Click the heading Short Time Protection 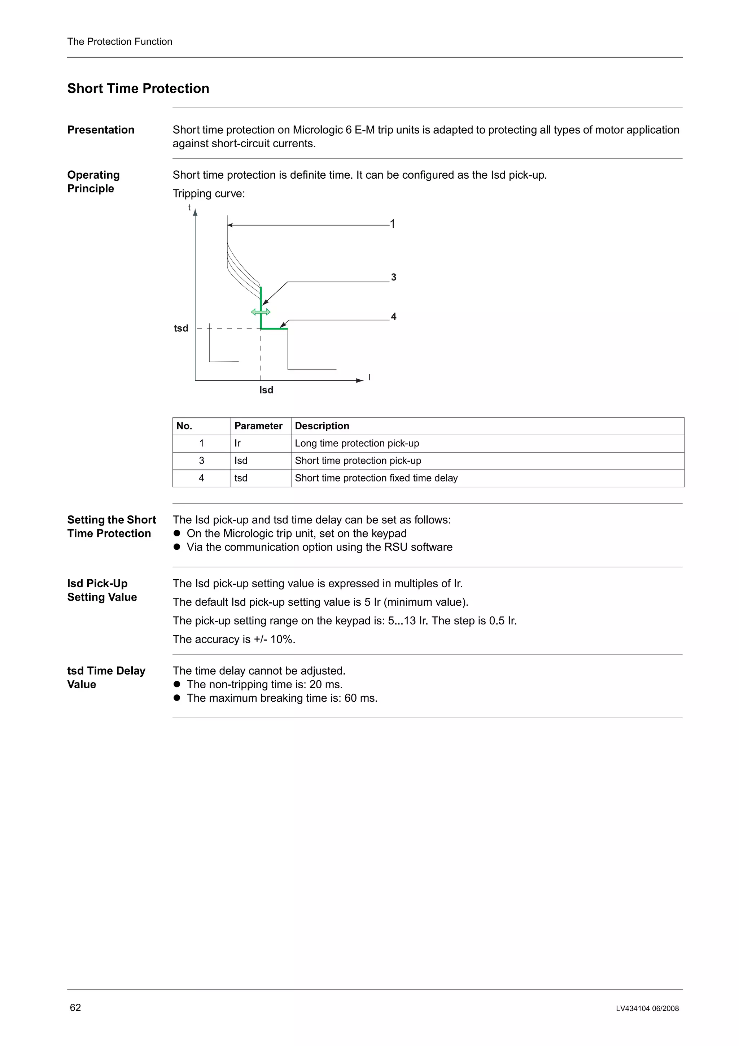pos(138,88)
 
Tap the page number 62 pos(75,1007)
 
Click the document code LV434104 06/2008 pos(647,1008)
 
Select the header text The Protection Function pos(120,42)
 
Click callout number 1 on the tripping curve pos(393,224)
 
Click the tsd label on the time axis pos(181,328)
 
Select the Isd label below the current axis pos(266,390)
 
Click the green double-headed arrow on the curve pos(261,312)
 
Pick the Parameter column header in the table pos(258,426)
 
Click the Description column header pos(322,426)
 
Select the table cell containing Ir pos(237,443)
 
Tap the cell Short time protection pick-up pos(358,461)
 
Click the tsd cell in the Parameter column pos(241,478)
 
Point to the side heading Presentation pos(101,130)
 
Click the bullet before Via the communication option pos(177,547)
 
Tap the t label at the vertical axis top pos(189,208)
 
